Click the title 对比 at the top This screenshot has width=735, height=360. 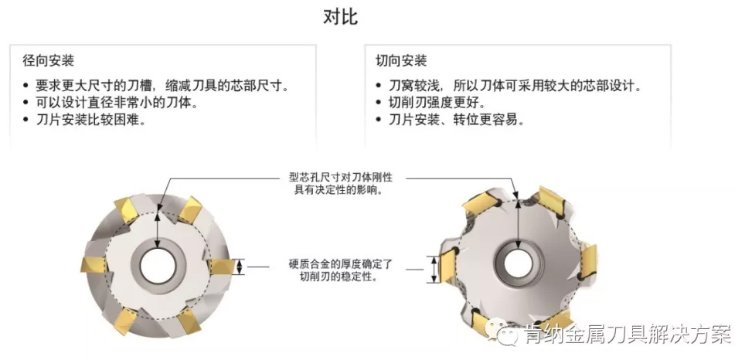point(340,17)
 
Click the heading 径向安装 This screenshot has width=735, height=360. point(49,60)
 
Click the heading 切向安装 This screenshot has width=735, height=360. point(401,60)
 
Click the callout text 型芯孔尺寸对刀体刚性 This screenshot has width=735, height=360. point(337,177)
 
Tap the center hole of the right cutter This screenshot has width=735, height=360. point(512,262)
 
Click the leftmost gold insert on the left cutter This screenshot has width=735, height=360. point(90,264)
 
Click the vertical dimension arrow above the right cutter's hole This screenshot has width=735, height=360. point(511,219)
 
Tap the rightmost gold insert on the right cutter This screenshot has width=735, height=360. point(587,259)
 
